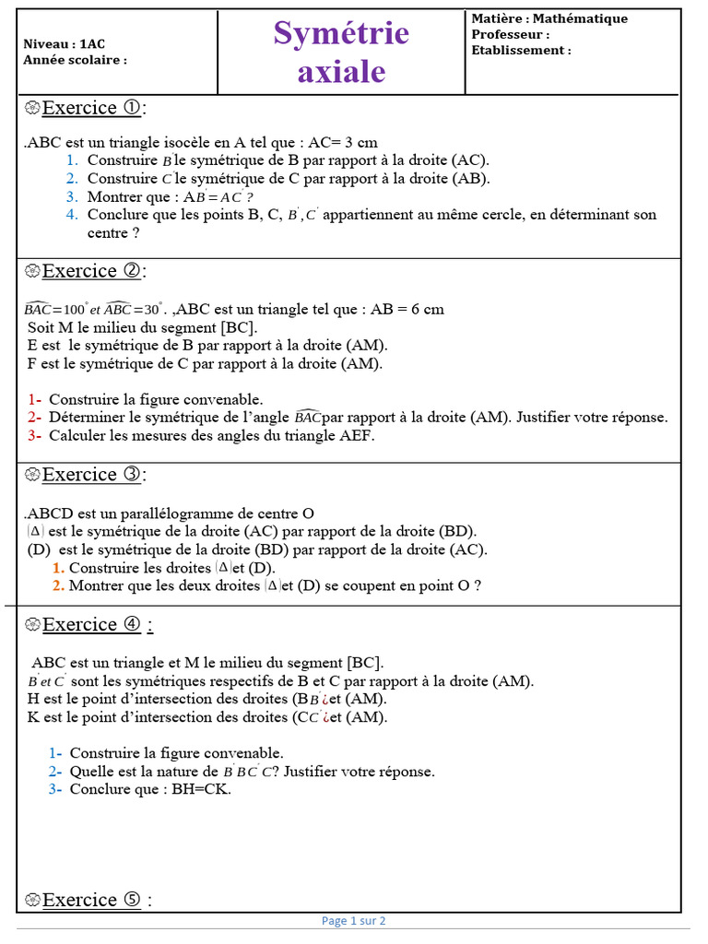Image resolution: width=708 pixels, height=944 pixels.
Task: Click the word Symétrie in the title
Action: click(x=341, y=33)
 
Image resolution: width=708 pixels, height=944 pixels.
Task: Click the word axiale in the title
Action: click(x=341, y=71)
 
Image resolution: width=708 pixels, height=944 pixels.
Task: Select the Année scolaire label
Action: click(x=76, y=60)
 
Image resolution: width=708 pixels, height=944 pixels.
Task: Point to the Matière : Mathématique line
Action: click(x=549, y=18)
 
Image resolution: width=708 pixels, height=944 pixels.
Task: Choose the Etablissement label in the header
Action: click(x=521, y=50)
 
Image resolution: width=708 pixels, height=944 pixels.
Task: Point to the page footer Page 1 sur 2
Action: click(x=354, y=920)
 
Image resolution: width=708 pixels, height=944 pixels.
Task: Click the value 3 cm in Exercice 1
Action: click(x=360, y=143)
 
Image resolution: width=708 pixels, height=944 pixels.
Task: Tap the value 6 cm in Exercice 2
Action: click(x=426, y=310)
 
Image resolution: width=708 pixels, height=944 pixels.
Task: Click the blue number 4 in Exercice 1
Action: click(x=71, y=215)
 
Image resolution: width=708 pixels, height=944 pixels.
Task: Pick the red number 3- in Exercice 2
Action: click(x=34, y=435)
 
